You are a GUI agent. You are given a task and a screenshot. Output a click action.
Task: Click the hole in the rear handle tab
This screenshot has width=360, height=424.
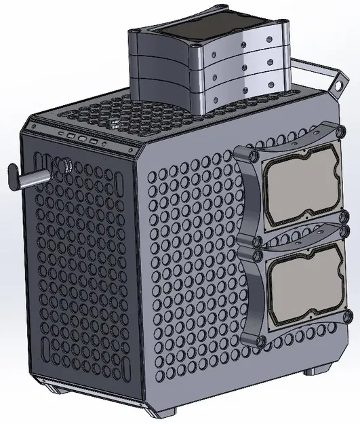pos(334,86)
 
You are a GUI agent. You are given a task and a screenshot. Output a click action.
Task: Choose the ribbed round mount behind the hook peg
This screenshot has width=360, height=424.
pos(66,164)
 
